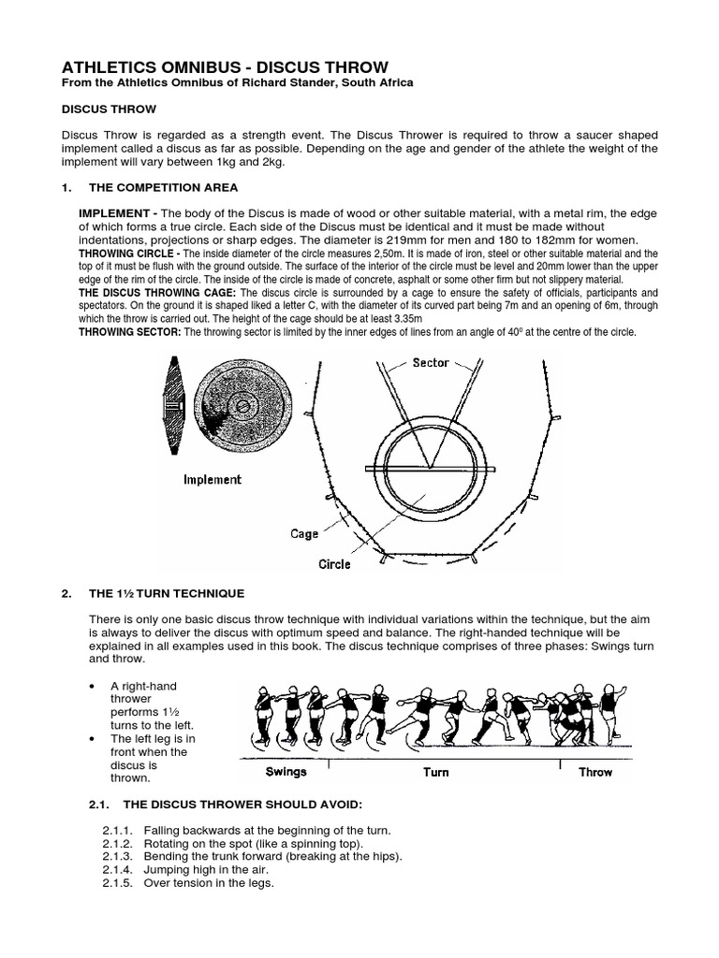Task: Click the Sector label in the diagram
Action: [x=431, y=363]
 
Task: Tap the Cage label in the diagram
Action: [x=304, y=533]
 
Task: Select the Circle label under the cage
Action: [x=334, y=564]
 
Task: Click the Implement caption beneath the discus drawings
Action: [x=213, y=479]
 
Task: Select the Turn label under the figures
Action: [x=435, y=772]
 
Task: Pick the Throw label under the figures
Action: [x=594, y=772]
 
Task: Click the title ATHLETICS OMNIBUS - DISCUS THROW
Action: [x=224, y=67]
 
